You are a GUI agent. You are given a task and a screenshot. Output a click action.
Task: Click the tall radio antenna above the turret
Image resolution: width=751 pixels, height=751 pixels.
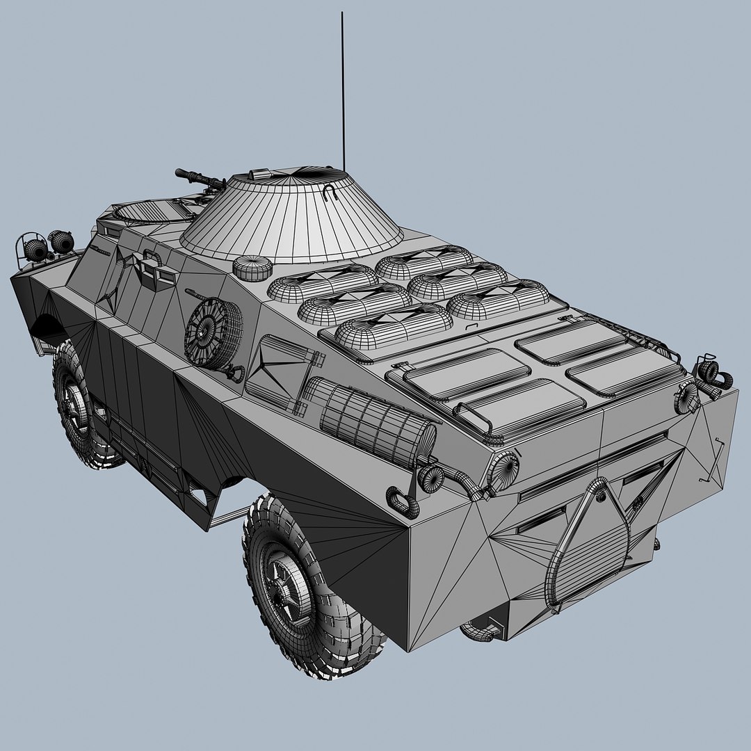pos(342,90)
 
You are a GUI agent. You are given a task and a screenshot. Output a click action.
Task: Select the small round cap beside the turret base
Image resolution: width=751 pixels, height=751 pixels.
pos(252,266)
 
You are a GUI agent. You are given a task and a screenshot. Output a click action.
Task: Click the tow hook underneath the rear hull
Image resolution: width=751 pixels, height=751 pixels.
pos(480,630)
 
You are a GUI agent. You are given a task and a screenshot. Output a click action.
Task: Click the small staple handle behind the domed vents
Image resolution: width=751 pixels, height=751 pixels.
pos(473,325)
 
